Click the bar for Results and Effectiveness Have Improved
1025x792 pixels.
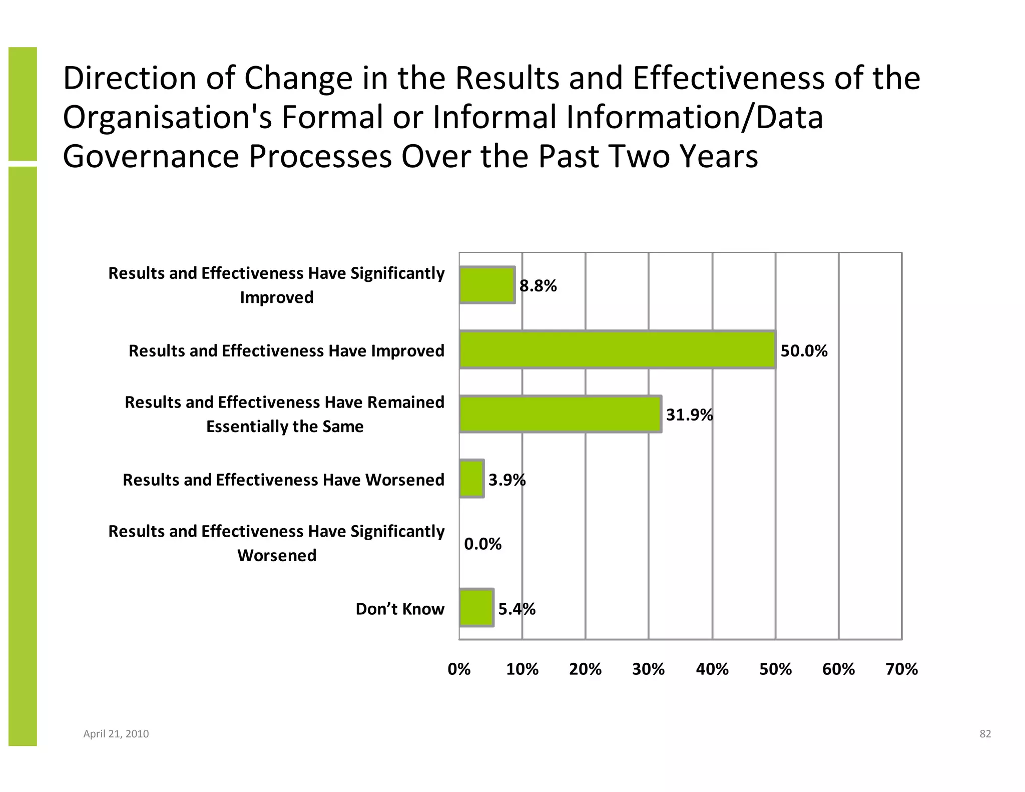pos(617,350)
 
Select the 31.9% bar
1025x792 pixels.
pos(560,414)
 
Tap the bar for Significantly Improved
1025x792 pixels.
pos(487,285)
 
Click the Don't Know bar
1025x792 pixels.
pos(476,608)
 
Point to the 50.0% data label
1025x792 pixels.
pos(804,351)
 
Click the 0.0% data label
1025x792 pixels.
pos(482,544)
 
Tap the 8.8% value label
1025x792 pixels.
pos(538,286)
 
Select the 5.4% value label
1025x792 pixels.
pos(517,609)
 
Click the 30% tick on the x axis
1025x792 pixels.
pos(648,669)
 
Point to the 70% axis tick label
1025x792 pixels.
pos(901,669)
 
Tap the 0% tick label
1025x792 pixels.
pos(459,669)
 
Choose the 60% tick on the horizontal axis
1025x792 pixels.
pos(838,669)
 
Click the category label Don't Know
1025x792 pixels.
pos(399,609)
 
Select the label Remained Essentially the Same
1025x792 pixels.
pos(284,414)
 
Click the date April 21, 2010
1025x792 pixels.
pos(116,734)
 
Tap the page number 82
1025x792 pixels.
pos(985,734)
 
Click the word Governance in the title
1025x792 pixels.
pos(151,156)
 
